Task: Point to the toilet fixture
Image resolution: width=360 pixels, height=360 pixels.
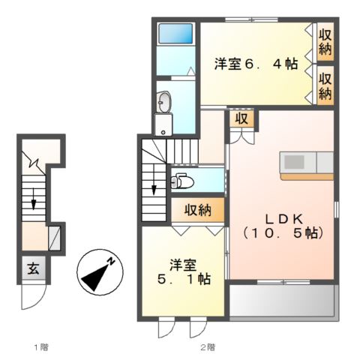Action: (x=180, y=181)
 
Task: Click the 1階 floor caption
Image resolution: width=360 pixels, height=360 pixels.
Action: (x=40, y=347)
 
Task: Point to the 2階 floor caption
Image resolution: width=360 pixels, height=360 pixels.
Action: (x=208, y=347)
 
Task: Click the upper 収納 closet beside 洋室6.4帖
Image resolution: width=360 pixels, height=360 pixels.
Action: (x=325, y=41)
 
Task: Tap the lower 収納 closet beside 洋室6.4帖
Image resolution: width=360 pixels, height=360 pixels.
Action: (x=325, y=85)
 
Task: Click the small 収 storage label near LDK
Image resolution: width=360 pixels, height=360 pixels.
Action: (x=241, y=118)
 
